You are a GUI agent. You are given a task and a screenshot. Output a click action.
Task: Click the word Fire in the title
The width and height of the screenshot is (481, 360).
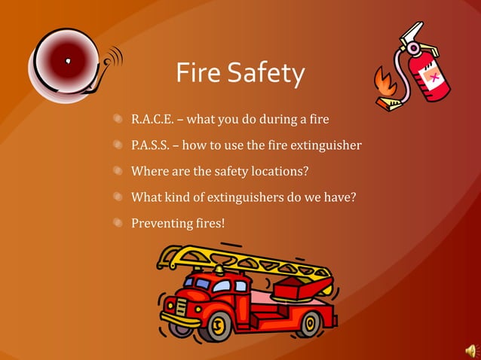coord(198,74)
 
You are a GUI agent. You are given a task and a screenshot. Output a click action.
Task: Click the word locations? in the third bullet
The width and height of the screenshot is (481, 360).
coord(280,171)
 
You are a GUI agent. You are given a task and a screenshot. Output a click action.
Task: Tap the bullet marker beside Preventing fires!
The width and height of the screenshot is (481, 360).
coord(118,223)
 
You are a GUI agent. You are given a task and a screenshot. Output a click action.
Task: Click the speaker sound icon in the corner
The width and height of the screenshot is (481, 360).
coord(471,350)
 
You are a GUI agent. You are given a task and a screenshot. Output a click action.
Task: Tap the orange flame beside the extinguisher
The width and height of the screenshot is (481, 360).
coord(387,81)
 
